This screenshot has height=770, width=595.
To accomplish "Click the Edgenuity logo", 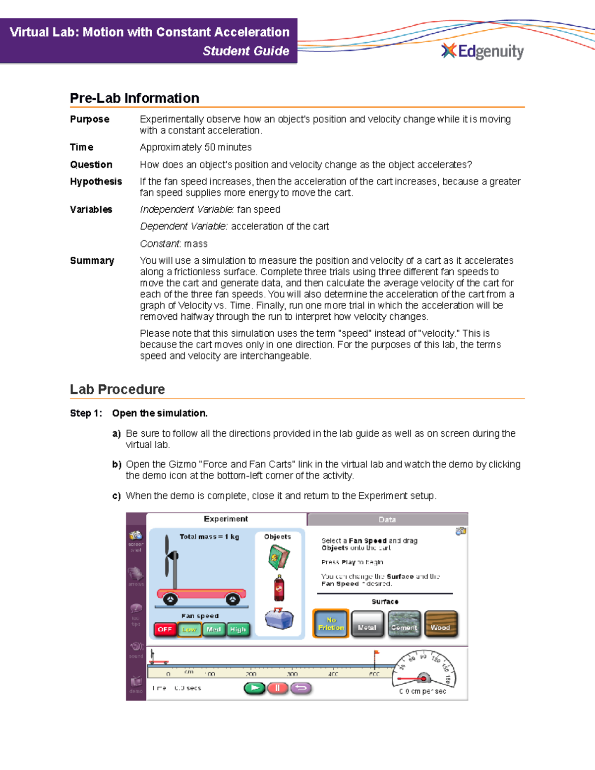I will pyautogui.click(x=482, y=51).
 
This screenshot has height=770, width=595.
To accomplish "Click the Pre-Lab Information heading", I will pyautogui.click(x=134, y=98).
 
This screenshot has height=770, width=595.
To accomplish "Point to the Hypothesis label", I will pyautogui.click(x=96, y=181).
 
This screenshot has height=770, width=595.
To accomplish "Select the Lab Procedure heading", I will pyautogui.click(x=117, y=389).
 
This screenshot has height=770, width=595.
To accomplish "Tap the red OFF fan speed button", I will pyautogui.click(x=165, y=629).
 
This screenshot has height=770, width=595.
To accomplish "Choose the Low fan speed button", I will pyautogui.click(x=189, y=629).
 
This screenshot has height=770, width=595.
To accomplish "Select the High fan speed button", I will pyautogui.click(x=238, y=629).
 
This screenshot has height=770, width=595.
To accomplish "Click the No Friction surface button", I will pyautogui.click(x=331, y=624).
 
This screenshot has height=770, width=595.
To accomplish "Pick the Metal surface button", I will pyautogui.click(x=367, y=624).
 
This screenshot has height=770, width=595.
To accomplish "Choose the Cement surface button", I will pyautogui.click(x=404, y=624).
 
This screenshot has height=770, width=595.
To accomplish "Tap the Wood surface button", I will pyautogui.click(x=440, y=624).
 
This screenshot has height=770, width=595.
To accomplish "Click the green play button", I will pyautogui.click(x=255, y=688).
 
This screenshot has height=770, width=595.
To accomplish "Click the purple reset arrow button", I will pyautogui.click(x=301, y=688).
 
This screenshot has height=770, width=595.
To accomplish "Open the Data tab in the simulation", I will pyautogui.click(x=387, y=520).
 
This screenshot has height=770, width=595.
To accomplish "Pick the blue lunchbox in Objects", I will pyautogui.click(x=279, y=619).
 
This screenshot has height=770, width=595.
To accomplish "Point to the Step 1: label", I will pyautogui.click(x=86, y=413).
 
